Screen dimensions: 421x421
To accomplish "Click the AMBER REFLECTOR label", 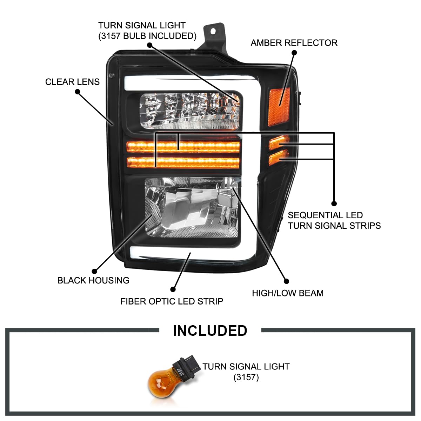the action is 294,43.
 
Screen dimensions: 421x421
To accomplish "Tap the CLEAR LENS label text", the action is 72,82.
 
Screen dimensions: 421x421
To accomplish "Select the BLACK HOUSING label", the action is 93,280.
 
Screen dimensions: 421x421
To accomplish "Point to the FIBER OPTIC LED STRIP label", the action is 172,301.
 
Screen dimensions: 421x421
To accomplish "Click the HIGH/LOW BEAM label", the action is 288,293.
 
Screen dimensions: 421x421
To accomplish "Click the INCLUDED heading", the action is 210,330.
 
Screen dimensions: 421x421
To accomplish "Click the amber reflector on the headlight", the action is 279,107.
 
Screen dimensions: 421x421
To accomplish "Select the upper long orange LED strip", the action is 183,147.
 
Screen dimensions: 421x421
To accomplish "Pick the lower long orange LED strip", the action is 183,163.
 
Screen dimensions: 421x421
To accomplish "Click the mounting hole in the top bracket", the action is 213,32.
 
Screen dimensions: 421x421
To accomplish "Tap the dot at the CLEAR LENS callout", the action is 78,92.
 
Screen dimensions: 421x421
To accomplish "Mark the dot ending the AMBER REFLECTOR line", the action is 294,53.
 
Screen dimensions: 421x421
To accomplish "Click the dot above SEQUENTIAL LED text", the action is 334,203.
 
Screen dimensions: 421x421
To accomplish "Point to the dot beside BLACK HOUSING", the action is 94,271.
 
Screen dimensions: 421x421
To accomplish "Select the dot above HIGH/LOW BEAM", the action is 286,281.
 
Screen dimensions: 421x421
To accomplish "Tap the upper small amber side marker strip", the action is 279,142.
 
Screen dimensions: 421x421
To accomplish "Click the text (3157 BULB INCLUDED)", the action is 147,36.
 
